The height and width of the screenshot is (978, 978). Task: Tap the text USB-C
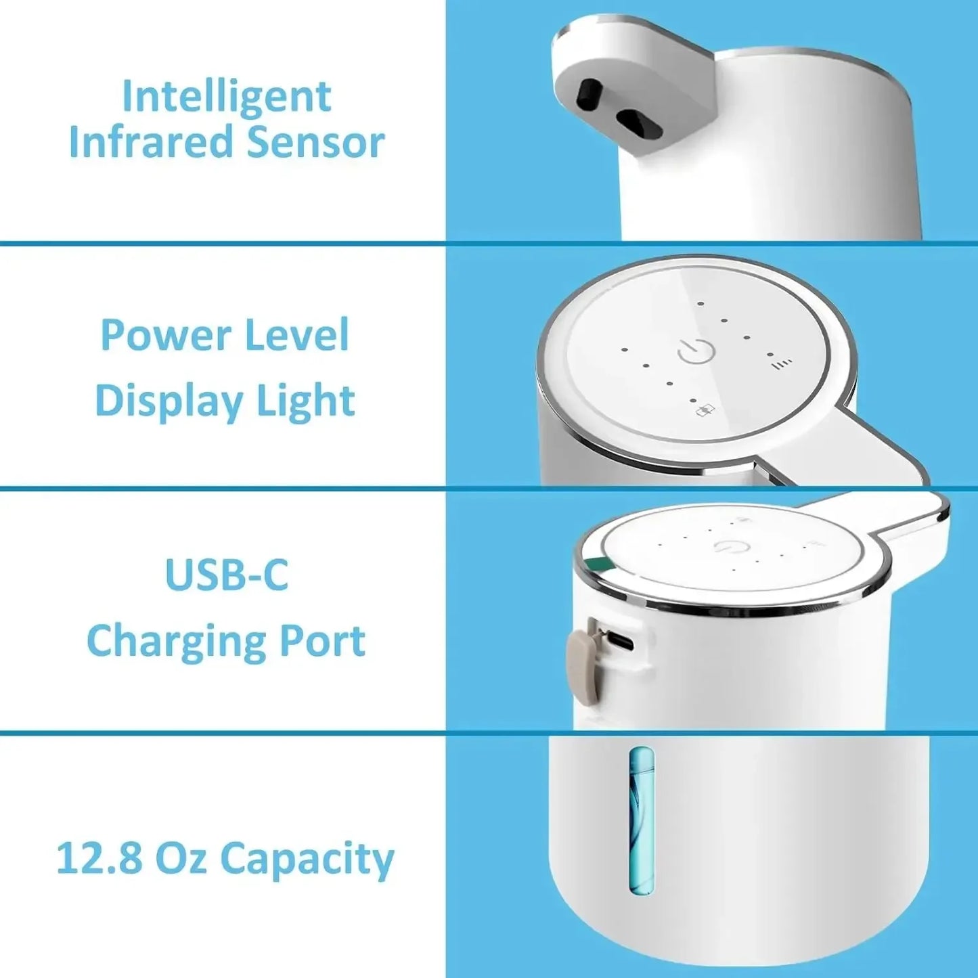(226, 575)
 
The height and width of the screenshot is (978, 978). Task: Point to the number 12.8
(99, 858)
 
